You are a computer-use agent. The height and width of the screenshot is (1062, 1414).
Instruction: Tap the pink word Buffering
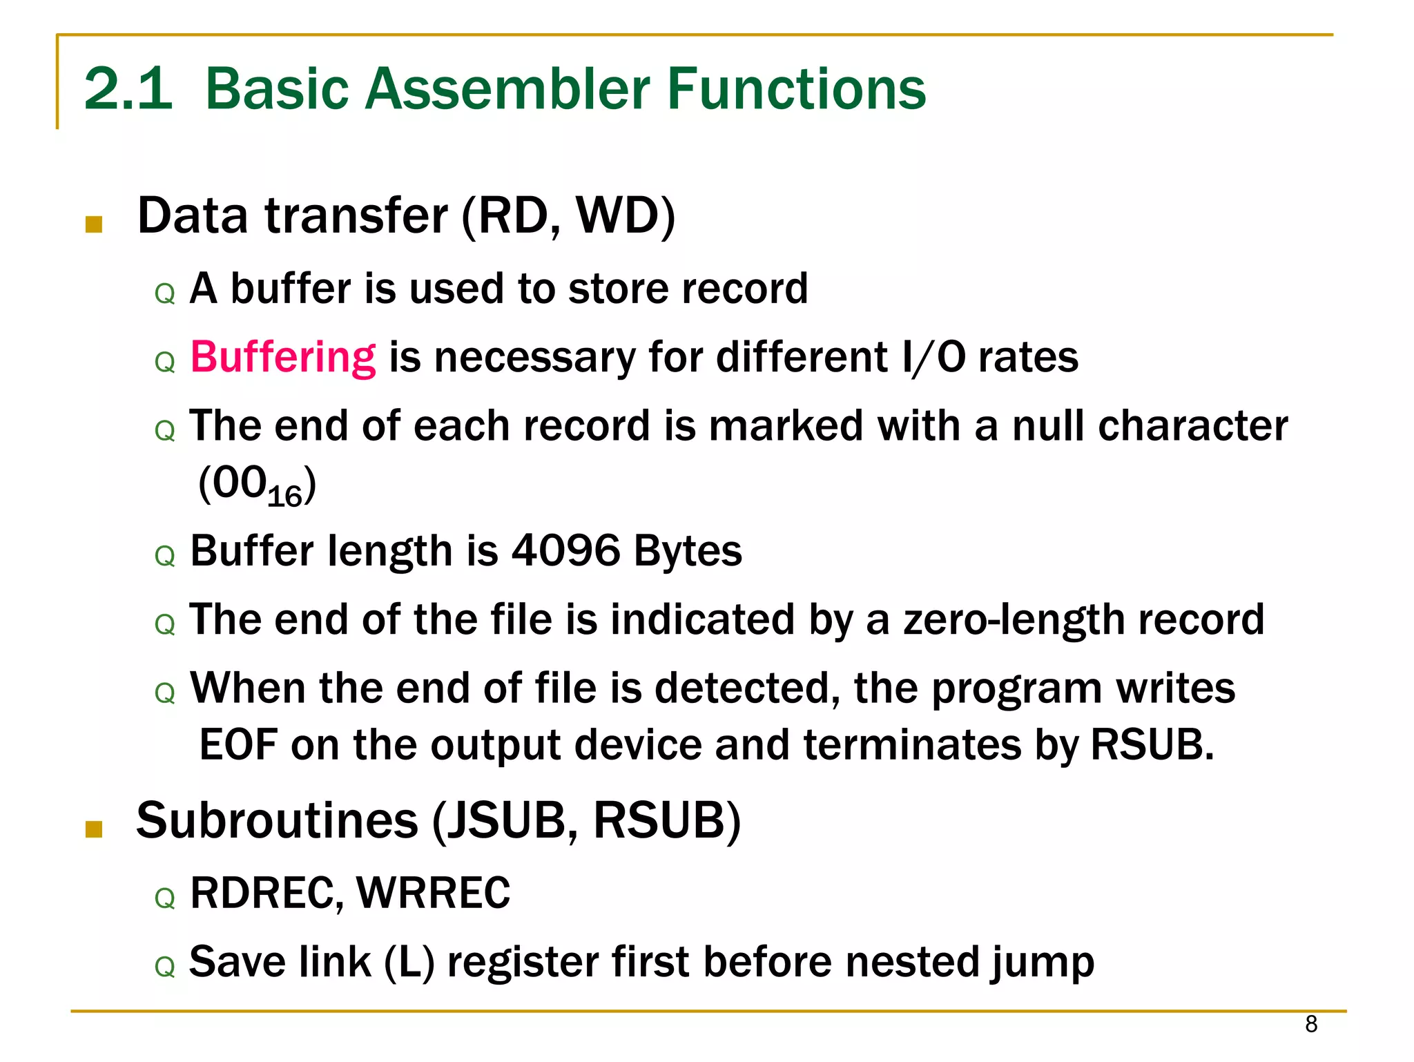tap(283, 357)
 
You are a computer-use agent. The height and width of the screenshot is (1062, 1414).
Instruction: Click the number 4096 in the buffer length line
tap(565, 550)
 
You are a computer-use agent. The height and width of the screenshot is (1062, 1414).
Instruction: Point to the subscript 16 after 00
tap(284, 496)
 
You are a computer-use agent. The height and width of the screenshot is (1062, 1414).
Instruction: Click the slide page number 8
tap(1311, 1024)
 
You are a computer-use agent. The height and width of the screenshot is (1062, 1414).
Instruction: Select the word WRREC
tap(433, 892)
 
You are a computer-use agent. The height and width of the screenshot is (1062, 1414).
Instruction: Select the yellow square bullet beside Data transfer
tap(94, 224)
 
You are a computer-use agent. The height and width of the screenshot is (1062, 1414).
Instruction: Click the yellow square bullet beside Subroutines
tap(94, 829)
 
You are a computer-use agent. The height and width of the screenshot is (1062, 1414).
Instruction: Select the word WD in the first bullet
tap(617, 215)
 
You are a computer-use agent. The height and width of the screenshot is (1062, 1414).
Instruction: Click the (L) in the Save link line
tap(409, 962)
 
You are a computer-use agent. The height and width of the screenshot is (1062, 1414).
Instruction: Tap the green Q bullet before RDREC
tap(165, 898)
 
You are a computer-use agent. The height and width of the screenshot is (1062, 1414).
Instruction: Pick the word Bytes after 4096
tap(688, 550)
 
